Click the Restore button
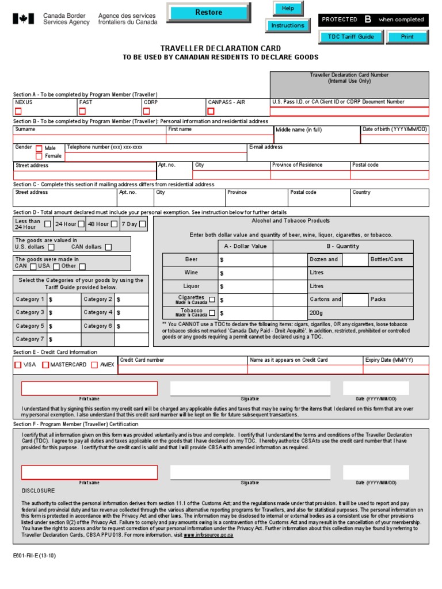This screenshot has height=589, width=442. tap(208, 12)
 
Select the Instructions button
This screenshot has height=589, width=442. tap(287, 26)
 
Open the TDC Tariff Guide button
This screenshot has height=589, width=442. tap(347, 37)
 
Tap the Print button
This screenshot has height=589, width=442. tap(407, 37)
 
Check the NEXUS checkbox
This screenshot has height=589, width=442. tap(18, 111)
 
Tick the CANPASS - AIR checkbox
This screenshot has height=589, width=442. tap(211, 111)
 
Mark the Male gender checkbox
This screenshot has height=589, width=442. tap(39, 148)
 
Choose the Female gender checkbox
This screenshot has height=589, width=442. tap(39, 156)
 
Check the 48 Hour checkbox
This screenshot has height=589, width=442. tap(115, 224)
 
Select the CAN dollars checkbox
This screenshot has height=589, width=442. tap(108, 247)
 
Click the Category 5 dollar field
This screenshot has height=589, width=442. tap(64, 326)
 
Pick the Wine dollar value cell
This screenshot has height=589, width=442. tap(245, 273)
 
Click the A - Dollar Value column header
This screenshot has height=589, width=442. tap(245, 246)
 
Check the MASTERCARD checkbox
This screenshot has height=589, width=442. tap(45, 365)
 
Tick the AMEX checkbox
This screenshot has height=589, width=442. tap(94, 365)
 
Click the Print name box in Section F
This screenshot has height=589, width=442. tap(89, 472)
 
